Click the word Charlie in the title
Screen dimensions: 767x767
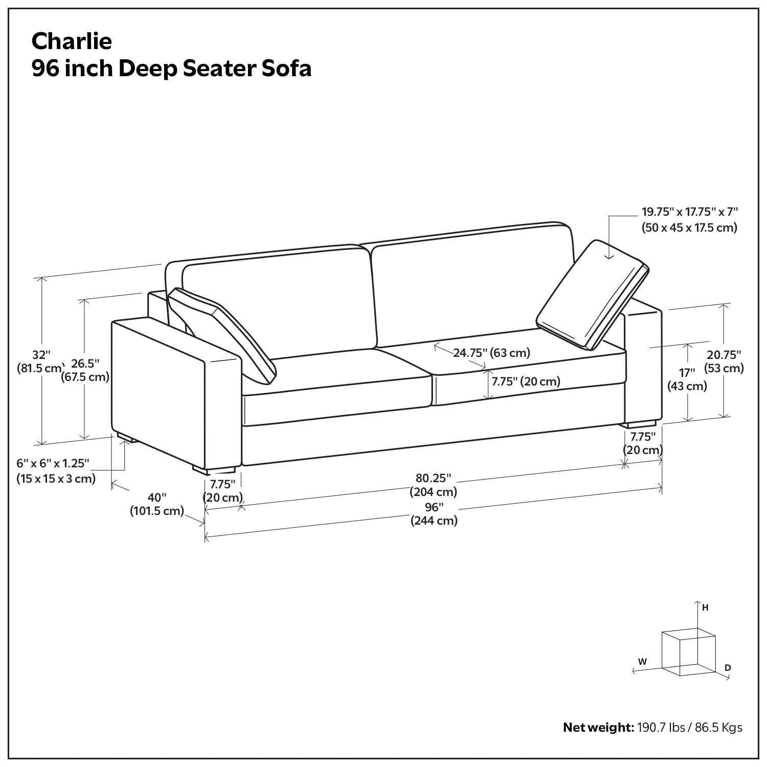[x=71, y=41]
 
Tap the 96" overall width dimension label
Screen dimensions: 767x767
[x=434, y=514]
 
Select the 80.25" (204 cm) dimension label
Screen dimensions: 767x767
[x=433, y=485]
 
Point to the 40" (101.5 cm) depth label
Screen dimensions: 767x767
[x=157, y=504]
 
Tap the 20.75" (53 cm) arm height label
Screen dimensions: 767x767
[x=724, y=361]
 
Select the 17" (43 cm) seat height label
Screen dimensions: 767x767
[x=687, y=379]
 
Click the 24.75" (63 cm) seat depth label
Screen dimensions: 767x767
[x=491, y=352]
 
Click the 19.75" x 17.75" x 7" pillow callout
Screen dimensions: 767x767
[x=689, y=220]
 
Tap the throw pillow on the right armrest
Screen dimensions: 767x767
[x=591, y=296]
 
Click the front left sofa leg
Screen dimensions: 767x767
[x=214, y=468]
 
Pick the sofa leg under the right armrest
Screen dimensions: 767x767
[x=639, y=424]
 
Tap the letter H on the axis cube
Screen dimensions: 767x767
[x=705, y=607]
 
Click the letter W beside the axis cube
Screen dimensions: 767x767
[x=643, y=661]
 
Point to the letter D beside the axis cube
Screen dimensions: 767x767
[x=728, y=668]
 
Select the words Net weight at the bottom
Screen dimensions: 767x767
[x=598, y=727]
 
